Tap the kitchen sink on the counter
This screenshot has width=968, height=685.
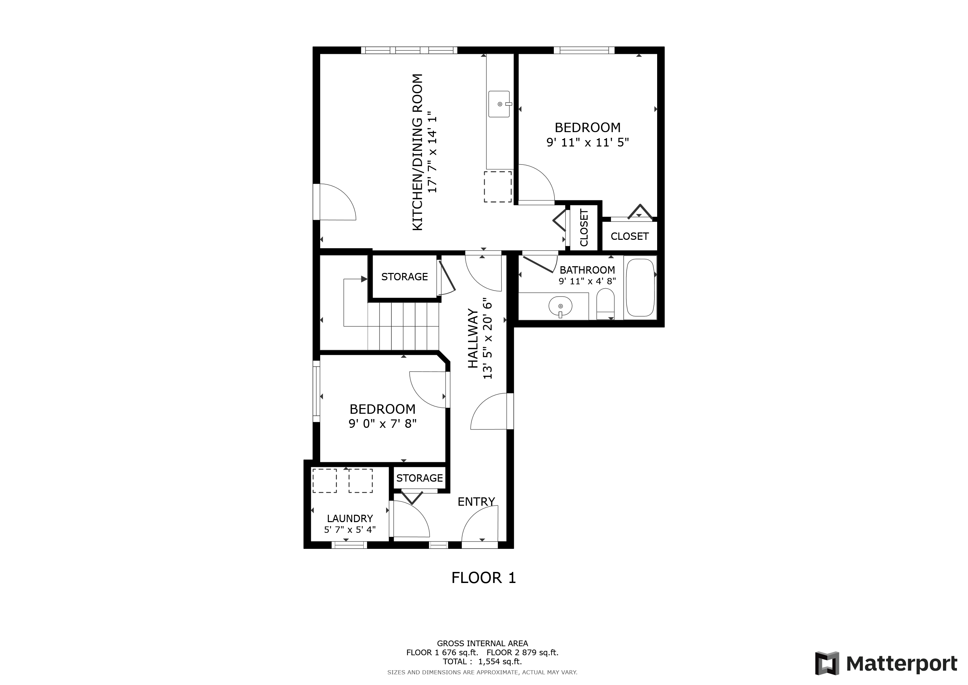coord(499,104)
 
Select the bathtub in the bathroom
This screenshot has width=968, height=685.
coord(640,288)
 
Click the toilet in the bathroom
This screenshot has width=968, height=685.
coord(605,303)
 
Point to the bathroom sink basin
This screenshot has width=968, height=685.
coord(560,305)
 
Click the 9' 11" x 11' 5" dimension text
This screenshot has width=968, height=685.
coord(587,142)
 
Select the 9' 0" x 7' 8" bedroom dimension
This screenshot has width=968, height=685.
coord(382,423)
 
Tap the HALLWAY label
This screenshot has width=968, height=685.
coord(473,339)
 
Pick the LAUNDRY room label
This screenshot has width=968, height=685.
coord(350,518)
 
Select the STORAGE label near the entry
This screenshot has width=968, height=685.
coord(419,478)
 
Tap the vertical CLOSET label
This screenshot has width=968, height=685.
coord(584,228)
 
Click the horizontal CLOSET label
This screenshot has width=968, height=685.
coord(629,236)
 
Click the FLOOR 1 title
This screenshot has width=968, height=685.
coord(484,578)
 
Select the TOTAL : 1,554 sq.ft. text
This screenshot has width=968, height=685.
coord(482,661)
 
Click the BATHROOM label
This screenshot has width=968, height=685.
coord(587,270)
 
